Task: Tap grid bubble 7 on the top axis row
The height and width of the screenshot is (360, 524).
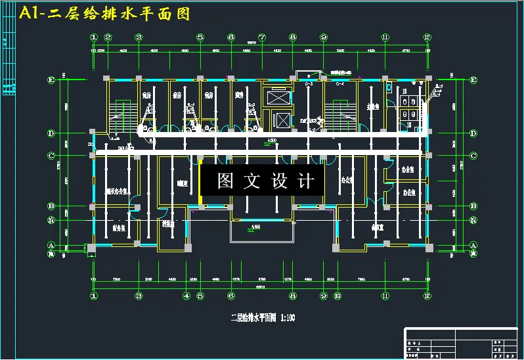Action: (x=262, y=37)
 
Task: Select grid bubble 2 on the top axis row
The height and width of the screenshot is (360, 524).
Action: (x=108, y=37)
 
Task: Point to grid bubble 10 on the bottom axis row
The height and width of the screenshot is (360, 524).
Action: (x=337, y=296)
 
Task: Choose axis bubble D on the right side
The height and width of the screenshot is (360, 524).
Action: (x=473, y=133)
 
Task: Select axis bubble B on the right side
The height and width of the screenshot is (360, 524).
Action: (x=473, y=206)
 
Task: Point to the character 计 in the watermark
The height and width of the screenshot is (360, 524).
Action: (x=306, y=181)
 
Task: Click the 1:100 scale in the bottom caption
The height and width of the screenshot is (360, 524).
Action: (x=288, y=318)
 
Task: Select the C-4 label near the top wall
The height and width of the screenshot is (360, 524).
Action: (x=340, y=84)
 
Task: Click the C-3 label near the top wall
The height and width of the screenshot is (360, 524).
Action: (x=309, y=84)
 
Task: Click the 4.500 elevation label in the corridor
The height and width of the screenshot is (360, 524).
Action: (x=271, y=141)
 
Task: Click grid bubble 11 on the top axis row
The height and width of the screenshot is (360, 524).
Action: (x=385, y=37)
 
